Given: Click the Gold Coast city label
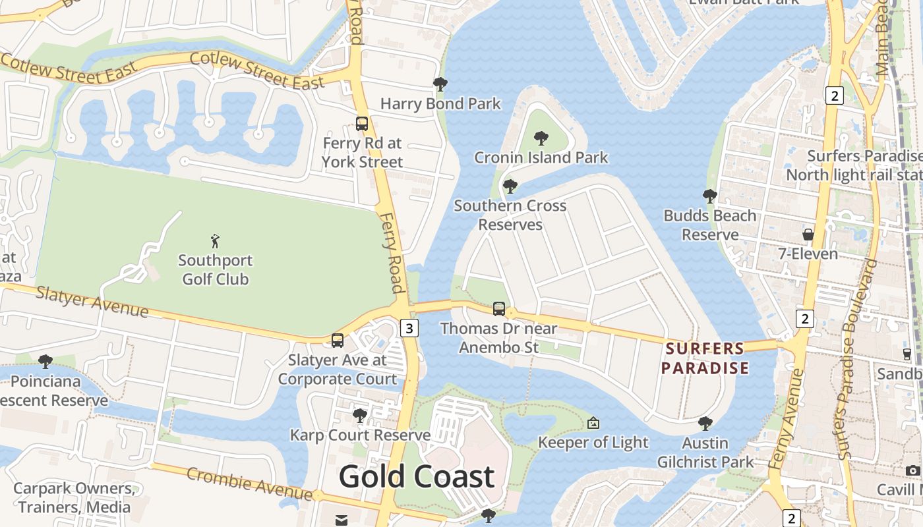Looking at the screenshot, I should click(417, 477).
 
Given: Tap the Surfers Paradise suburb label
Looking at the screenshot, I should click(705, 358).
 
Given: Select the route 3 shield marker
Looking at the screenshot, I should click(409, 328).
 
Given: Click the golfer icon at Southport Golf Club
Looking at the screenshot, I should click(215, 240).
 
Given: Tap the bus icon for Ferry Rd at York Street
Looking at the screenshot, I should click(361, 123).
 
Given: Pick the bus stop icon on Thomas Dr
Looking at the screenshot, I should click(499, 308).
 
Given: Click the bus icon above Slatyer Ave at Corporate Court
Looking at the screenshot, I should click(338, 340).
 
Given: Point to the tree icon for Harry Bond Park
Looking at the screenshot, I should click(440, 84).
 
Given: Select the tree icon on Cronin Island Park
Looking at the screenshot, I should click(541, 138).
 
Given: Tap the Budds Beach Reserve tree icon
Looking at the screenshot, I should click(709, 196).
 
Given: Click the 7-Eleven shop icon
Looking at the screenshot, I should click(808, 235).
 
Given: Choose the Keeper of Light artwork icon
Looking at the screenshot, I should click(593, 423).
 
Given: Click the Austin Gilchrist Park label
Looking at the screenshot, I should click(705, 452).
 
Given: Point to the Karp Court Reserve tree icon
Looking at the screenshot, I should click(359, 415).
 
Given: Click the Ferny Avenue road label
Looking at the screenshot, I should click(787, 419).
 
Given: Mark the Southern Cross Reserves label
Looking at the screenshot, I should click(510, 215).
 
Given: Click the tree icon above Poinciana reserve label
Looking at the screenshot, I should click(45, 361).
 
